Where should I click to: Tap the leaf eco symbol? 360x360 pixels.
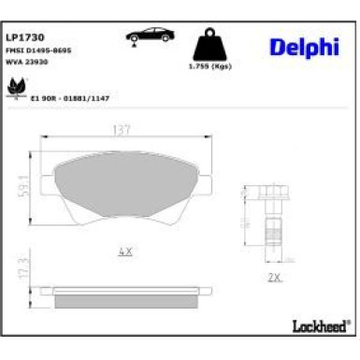pyautogui.click(x=16, y=87)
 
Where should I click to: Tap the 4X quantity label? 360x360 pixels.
pyautogui.click(x=126, y=252)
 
